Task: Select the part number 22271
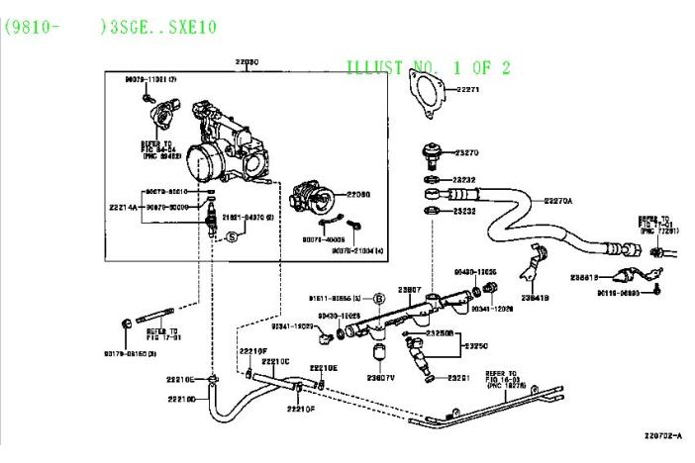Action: point(467,90)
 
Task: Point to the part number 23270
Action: point(466,153)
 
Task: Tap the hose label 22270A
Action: point(558,201)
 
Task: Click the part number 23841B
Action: point(536,296)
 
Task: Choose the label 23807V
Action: point(380,378)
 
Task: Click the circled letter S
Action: point(232,236)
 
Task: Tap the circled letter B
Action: point(381,297)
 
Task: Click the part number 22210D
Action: point(180,399)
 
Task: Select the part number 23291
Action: point(458,378)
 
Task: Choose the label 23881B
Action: point(584,279)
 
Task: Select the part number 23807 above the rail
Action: point(410,290)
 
